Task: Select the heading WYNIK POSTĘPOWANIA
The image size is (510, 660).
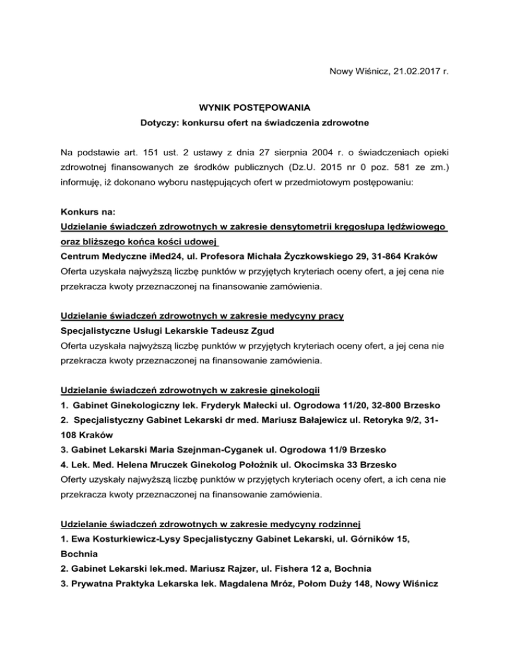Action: [x=255, y=106]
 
